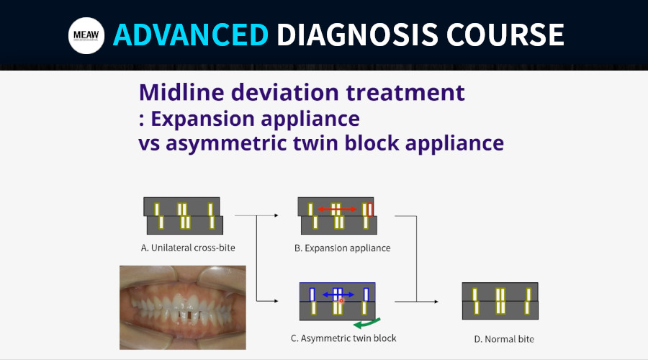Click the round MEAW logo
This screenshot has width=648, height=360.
tap(86, 35)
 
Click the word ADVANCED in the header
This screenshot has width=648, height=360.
tap(191, 35)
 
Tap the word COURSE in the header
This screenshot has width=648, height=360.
tap(505, 35)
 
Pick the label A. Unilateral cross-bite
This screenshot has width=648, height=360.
tap(188, 248)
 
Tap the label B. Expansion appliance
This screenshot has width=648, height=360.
tap(343, 248)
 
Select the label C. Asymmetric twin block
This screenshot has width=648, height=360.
tap(343, 338)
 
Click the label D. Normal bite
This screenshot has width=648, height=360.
tap(504, 339)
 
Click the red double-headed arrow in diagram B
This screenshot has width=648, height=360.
tap(337, 209)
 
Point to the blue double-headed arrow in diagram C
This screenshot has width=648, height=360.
tap(338, 294)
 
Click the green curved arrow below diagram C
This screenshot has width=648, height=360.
tap(366, 323)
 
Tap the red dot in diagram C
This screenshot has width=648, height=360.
tap(341, 301)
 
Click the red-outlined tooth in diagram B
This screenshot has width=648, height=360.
tap(370, 210)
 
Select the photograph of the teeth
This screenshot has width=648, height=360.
tap(183, 307)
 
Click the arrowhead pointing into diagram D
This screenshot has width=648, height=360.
tap(436, 302)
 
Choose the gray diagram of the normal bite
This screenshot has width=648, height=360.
tap(500, 301)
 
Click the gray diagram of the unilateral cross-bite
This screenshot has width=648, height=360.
tap(183, 216)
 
